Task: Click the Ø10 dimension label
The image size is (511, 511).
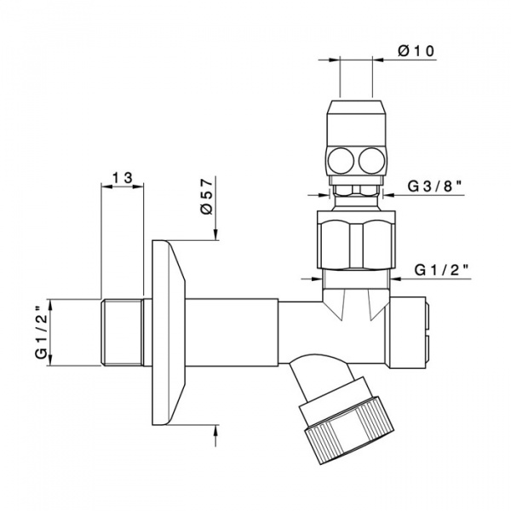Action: (417, 50)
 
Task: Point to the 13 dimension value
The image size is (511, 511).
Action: (122, 177)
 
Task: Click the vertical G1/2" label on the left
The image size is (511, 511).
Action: (40, 332)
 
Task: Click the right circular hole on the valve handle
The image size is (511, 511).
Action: (371, 158)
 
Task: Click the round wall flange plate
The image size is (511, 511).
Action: (170, 332)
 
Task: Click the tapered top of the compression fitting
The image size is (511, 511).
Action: (356, 111)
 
